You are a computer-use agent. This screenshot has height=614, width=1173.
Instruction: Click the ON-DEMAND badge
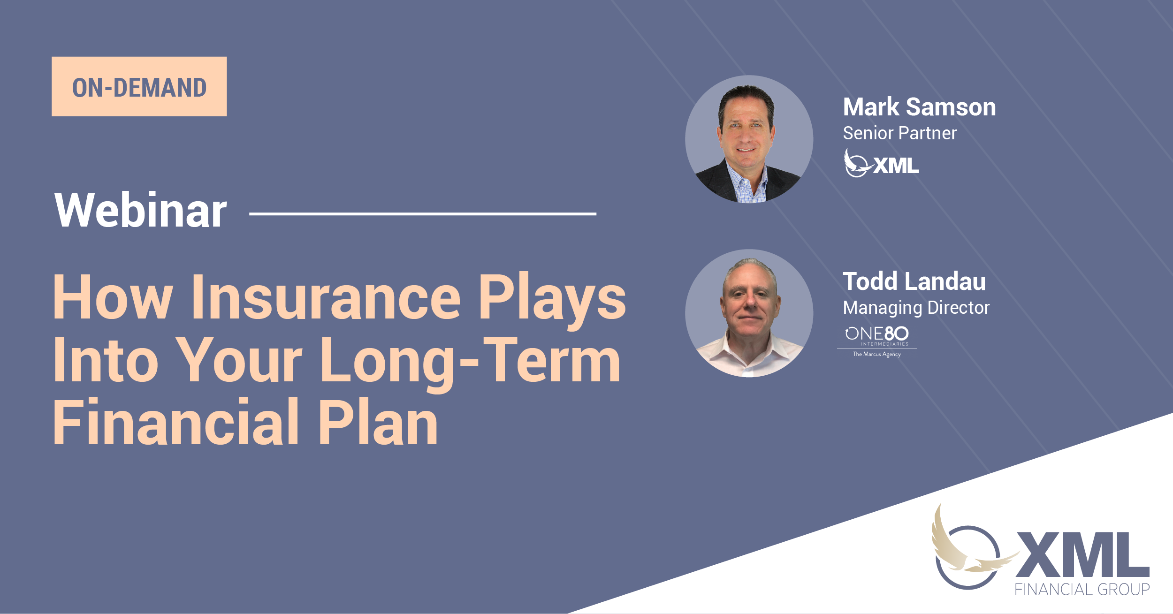[x=139, y=87]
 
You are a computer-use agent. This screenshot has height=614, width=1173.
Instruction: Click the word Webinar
[x=140, y=211]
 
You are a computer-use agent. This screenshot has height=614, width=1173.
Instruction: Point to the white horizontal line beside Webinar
[x=422, y=214]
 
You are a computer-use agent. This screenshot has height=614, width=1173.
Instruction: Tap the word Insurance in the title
[x=326, y=298]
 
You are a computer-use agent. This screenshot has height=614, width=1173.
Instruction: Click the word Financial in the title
[x=176, y=422]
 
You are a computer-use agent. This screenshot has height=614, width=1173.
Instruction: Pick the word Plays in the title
[x=551, y=298]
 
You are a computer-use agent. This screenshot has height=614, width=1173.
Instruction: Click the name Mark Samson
[x=919, y=107]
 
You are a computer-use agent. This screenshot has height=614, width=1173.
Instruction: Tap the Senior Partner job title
[x=899, y=134]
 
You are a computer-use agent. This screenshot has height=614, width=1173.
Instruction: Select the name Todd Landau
[x=914, y=281]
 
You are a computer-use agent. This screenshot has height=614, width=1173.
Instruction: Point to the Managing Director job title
[x=916, y=308]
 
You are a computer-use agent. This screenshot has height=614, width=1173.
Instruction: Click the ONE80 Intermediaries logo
[x=876, y=335]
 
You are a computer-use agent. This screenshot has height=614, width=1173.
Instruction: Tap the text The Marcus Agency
[x=876, y=354]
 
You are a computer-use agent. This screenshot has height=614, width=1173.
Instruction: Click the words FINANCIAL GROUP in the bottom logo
[x=1082, y=589]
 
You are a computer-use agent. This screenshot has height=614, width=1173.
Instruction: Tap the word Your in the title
[x=239, y=361]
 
